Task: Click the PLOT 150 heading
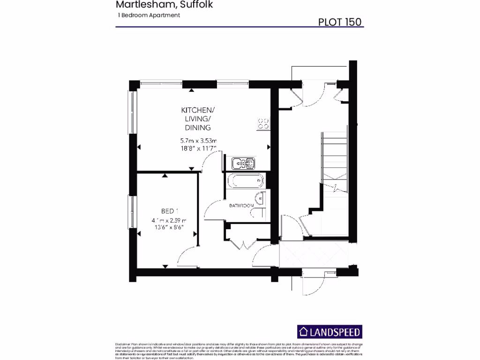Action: (340, 22)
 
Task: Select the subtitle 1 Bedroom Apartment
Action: (149, 15)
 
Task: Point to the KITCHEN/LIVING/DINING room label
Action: (198, 119)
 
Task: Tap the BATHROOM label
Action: (241, 206)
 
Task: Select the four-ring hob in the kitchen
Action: (263, 123)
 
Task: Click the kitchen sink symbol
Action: (243, 163)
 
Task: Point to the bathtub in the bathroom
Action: (245, 181)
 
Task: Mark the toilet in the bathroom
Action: (258, 214)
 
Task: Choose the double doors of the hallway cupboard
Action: (243, 244)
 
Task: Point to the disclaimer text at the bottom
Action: (239, 351)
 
